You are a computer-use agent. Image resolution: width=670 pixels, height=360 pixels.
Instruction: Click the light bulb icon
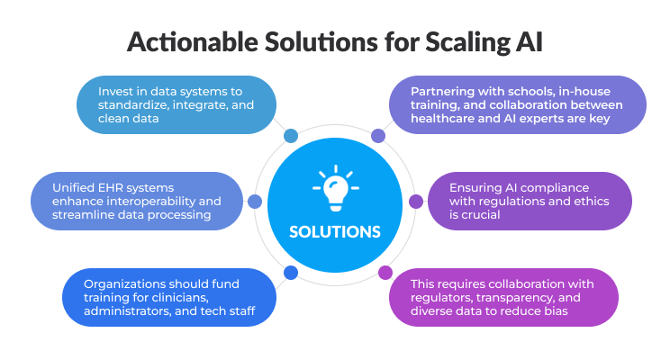(x=335, y=188)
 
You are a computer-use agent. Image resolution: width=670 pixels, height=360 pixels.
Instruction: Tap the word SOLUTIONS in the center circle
(x=335, y=232)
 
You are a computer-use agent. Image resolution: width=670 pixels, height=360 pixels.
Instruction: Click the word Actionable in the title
(x=193, y=42)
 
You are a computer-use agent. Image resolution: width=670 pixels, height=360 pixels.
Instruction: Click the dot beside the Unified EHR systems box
(x=255, y=202)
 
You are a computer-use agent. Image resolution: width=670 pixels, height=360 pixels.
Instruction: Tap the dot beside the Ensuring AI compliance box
(x=416, y=202)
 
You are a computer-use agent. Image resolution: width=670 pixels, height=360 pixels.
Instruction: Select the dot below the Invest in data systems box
(x=291, y=136)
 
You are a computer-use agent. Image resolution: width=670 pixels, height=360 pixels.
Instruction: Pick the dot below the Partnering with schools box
(x=378, y=136)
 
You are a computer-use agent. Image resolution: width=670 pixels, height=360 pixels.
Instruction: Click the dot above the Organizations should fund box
(x=291, y=273)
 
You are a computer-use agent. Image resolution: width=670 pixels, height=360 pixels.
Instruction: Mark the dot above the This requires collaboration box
(x=385, y=273)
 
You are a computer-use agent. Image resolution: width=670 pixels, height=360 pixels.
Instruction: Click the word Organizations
(x=119, y=284)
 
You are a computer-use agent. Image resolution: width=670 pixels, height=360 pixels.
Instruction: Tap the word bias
(x=556, y=310)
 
